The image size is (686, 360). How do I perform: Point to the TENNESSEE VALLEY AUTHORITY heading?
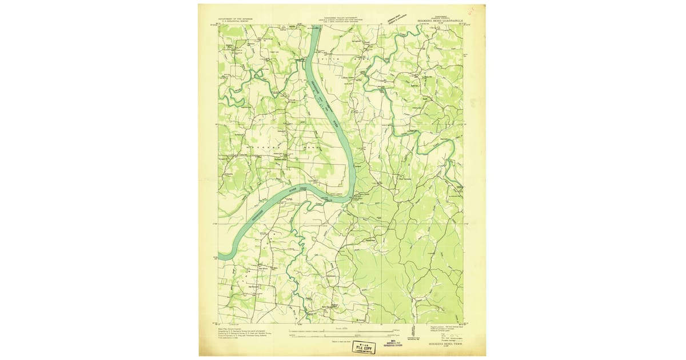tap(340, 18)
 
